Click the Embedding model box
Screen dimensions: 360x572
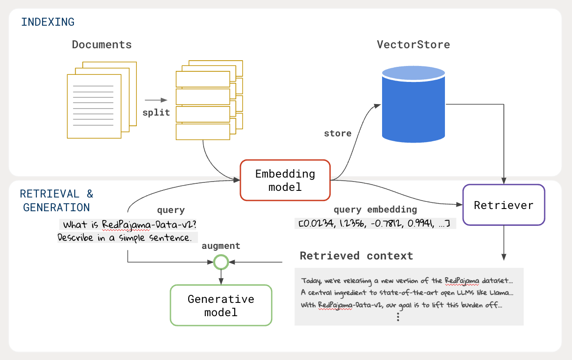pos(285,180)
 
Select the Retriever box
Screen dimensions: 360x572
pos(503,205)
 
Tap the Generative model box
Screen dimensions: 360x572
pos(221,306)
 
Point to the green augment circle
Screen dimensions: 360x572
pos(220,263)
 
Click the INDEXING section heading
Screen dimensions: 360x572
pos(48,22)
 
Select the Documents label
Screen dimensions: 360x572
pos(102,45)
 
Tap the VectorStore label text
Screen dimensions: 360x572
pos(413,45)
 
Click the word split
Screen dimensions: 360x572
pos(156,112)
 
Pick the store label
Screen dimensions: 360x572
pos(337,133)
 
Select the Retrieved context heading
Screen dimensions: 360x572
pos(356,256)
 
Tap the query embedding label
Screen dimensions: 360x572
pos(375,210)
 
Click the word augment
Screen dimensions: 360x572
pos(221,246)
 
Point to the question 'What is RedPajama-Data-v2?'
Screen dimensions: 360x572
pos(129,225)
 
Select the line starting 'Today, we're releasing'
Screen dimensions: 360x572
pos(407,281)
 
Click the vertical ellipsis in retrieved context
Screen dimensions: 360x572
pos(398,317)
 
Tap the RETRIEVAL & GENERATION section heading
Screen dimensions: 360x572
pos(57,201)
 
